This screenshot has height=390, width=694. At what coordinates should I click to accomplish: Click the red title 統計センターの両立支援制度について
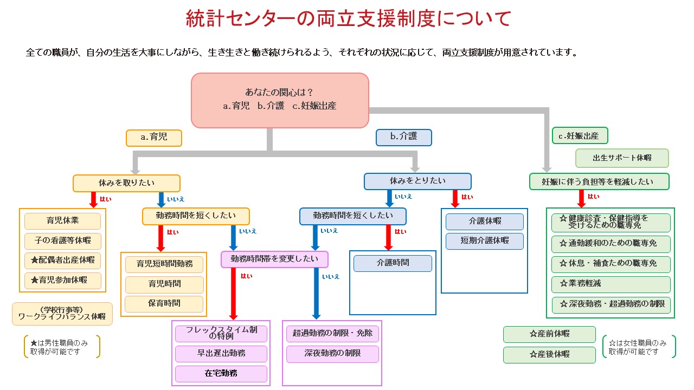(x=348, y=19)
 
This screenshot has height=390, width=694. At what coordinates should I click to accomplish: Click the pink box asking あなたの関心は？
(x=280, y=100)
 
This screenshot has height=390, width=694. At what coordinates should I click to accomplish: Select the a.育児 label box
(x=154, y=138)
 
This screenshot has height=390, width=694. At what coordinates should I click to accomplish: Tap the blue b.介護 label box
(x=404, y=137)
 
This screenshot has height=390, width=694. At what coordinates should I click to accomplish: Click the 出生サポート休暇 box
(x=621, y=158)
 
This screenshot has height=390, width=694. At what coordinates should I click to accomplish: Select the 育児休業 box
(x=63, y=221)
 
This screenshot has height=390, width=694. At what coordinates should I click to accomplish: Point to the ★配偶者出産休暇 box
(x=63, y=260)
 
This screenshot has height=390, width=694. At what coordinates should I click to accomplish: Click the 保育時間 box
(x=164, y=304)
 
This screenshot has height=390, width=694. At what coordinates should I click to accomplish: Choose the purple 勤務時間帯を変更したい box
(x=274, y=259)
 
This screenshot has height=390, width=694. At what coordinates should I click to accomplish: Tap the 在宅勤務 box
(x=221, y=373)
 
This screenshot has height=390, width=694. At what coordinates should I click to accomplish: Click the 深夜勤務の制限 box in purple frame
(x=333, y=354)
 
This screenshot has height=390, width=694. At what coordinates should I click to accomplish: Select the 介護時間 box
(x=393, y=263)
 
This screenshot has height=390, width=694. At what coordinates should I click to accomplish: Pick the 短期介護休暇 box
(x=485, y=240)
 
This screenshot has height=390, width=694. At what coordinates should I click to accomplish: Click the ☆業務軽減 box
(x=611, y=284)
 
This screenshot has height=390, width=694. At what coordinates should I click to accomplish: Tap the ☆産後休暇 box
(x=549, y=355)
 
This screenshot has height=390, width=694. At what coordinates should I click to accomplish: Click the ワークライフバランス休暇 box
(x=62, y=314)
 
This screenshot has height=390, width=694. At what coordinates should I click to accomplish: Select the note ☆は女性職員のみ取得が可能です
(x=639, y=347)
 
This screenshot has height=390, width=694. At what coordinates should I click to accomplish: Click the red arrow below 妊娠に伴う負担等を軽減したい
(x=581, y=198)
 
